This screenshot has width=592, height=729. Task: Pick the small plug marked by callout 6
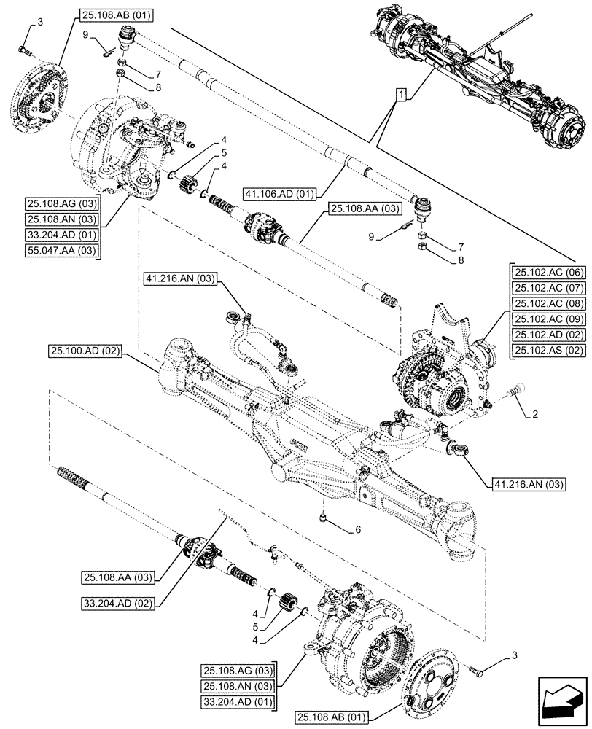[x=323, y=518]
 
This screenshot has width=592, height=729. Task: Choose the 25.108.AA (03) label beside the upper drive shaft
[x=365, y=208]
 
